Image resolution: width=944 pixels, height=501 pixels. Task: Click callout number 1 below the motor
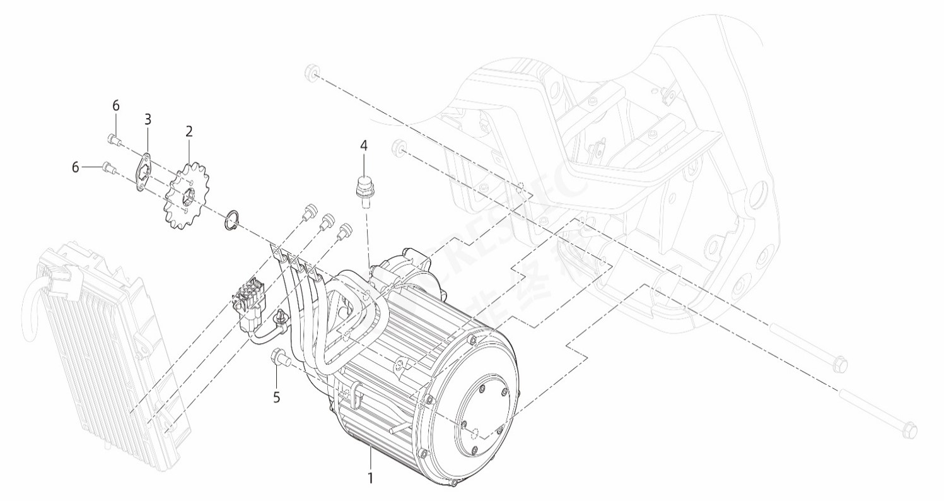[x=370, y=478]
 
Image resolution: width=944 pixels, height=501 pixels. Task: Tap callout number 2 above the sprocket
[x=189, y=131]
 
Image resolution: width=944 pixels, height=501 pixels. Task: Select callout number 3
[x=148, y=119]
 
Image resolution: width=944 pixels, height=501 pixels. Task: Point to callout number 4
[x=363, y=145]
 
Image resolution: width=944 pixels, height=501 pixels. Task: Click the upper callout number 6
[x=115, y=105]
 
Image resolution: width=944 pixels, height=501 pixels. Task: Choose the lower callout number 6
[x=76, y=167]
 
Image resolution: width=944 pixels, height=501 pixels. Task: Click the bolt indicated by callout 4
[x=363, y=190]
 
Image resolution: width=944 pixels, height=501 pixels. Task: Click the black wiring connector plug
[x=249, y=300]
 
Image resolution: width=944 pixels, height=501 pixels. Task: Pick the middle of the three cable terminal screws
[x=327, y=221]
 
